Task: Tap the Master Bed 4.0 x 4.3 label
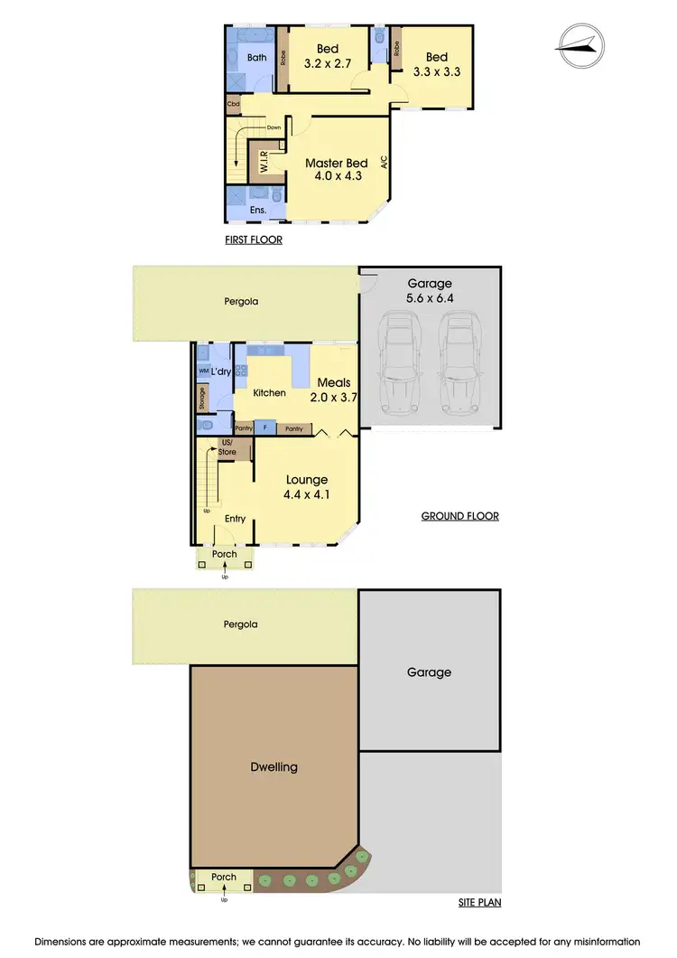tap(335, 170)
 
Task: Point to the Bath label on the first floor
tap(257, 58)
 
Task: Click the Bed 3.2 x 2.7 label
tap(327, 56)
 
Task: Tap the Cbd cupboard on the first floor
tap(233, 105)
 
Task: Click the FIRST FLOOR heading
tap(254, 240)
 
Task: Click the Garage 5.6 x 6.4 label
tap(429, 290)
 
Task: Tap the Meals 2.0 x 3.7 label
tap(333, 390)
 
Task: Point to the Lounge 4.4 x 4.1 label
tap(307, 487)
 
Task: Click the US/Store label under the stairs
tap(227, 446)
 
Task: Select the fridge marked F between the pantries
tap(265, 428)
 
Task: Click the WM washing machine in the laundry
tap(203, 371)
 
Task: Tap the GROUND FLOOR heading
tap(460, 517)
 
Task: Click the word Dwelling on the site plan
tap(274, 767)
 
